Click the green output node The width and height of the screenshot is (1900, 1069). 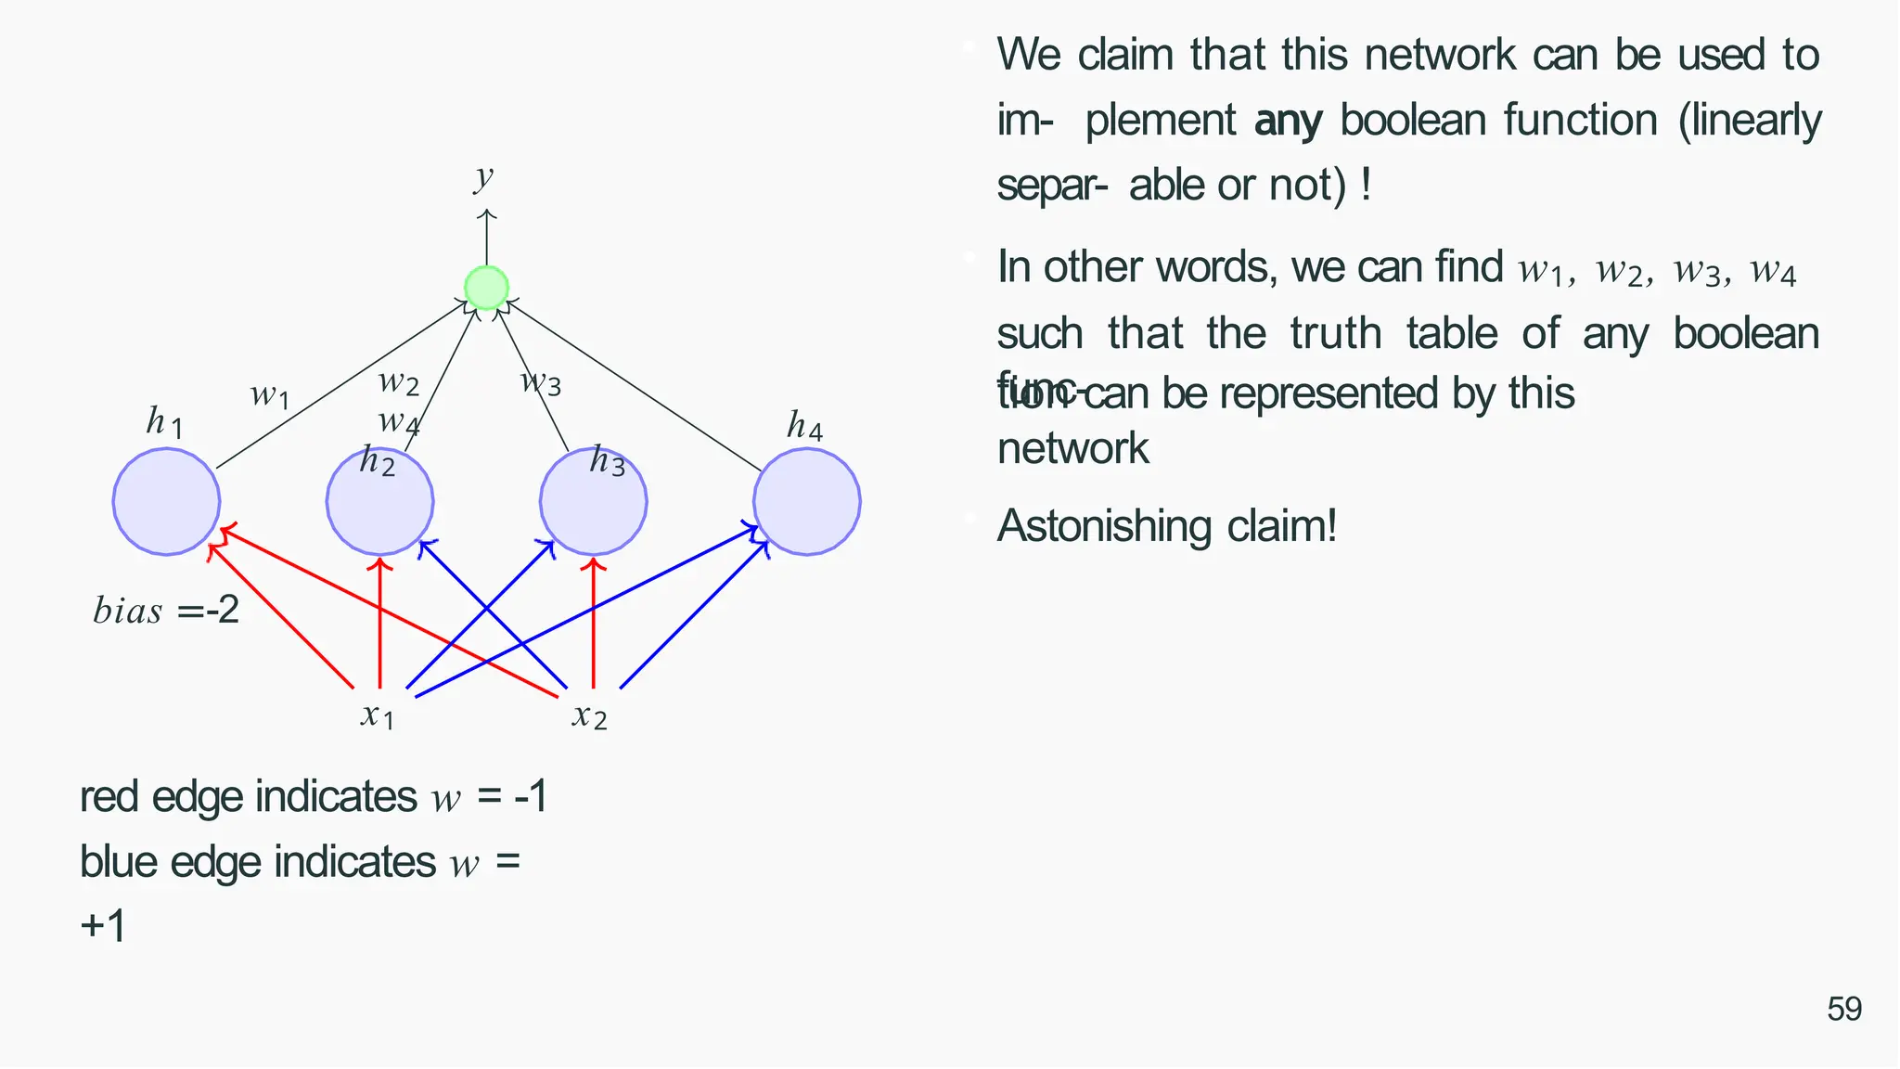point(486,288)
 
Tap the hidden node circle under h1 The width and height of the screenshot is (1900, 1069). point(166,502)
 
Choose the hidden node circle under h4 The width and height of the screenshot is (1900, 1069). point(806,502)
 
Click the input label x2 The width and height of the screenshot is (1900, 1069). point(590,715)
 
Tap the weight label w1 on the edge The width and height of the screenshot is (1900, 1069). point(270,395)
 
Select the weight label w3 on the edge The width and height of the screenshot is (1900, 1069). point(541,380)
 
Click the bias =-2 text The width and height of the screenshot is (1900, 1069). point(166,611)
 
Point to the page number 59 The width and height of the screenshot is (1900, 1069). point(1843,1010)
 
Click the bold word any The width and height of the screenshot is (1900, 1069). point(1288,121)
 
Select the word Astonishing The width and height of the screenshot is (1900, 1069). point(1104,526)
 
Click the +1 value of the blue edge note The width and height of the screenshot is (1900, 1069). point(103,926)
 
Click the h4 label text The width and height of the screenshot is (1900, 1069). point(804,426)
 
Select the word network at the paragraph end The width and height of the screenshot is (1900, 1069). point(1072,449)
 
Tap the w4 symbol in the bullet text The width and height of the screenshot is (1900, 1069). point(1773,271)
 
